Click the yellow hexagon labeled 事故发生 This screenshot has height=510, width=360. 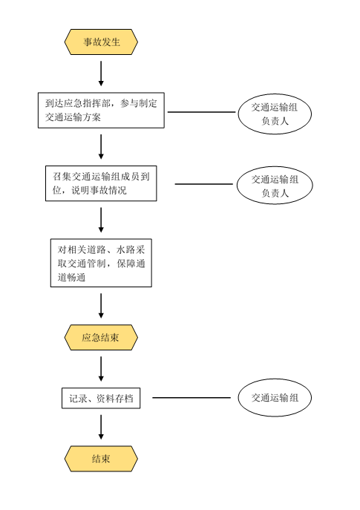[x=101, y=42]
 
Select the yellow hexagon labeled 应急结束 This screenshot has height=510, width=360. [x=101, y=337]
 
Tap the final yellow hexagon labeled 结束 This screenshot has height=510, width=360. [x=101, y=459]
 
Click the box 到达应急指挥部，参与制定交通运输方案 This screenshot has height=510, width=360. [x=101, y=111]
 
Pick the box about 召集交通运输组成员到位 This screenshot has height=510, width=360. [x=101, y=183]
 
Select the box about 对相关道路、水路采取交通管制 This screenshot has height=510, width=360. [x=101, y=263]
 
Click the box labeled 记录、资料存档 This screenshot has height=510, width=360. [x=101, y=398]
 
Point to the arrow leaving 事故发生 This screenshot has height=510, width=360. [x=101, y=73]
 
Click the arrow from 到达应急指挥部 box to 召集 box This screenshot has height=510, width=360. [x=101, y=147]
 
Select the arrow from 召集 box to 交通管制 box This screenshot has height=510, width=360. [x=101, y=220]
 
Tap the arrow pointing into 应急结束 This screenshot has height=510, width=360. [x=101, y=306]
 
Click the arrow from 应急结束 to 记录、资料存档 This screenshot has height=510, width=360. [x=101, y=369]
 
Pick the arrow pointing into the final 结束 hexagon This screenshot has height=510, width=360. [x=101, y=427]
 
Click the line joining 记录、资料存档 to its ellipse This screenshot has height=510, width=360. [x=192, y=397]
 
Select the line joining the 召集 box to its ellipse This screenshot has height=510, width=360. [x=204, y=184]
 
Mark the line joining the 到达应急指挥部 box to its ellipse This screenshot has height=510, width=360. [x=202, y=112]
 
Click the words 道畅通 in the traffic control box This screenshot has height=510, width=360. [x=71, y=278]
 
